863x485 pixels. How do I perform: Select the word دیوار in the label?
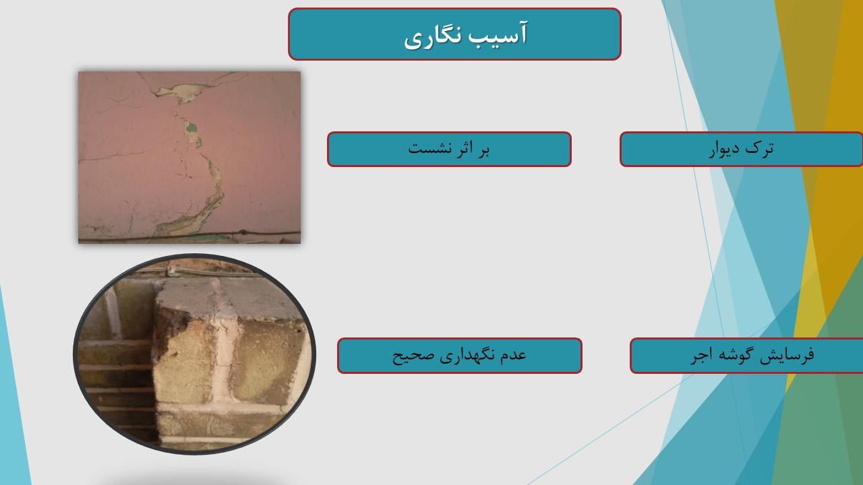pyautogui.click(x=724, y=149)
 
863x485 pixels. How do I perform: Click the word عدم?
pyautogui.click(x=513, y=355)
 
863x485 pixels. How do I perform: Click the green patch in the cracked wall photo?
pyautogui.click(x=191, y=127)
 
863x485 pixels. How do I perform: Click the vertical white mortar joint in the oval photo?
pyautogui.click(x=223, y=358)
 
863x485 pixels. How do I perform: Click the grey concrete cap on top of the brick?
pyautogui.click(x=231, y=298)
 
